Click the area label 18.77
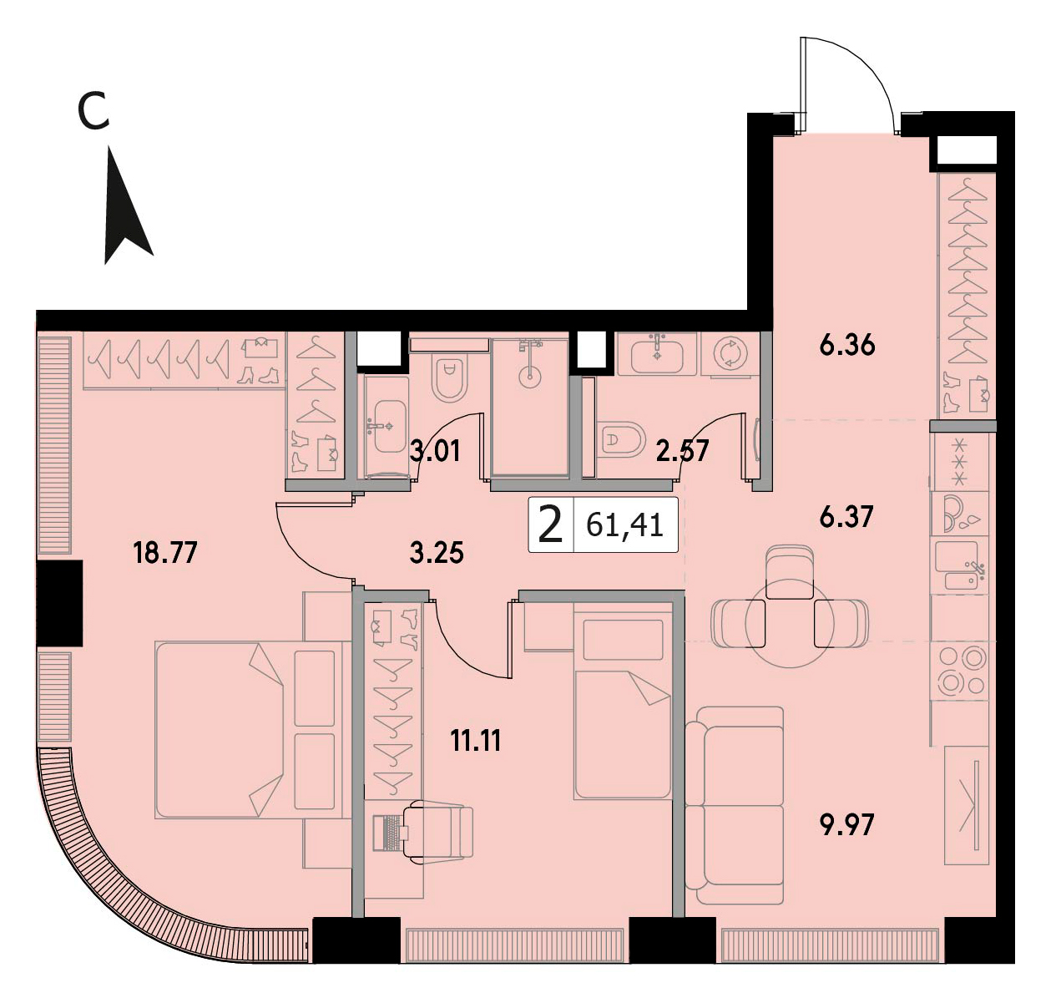(165, 552)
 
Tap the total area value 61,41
(624, 525)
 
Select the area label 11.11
(476, 741)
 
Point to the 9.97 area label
(846, 824)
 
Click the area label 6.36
(846, 345)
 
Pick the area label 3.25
(437, 552)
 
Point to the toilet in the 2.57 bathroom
(622, 439)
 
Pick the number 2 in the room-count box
(551, 525)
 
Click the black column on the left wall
(59, 602)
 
